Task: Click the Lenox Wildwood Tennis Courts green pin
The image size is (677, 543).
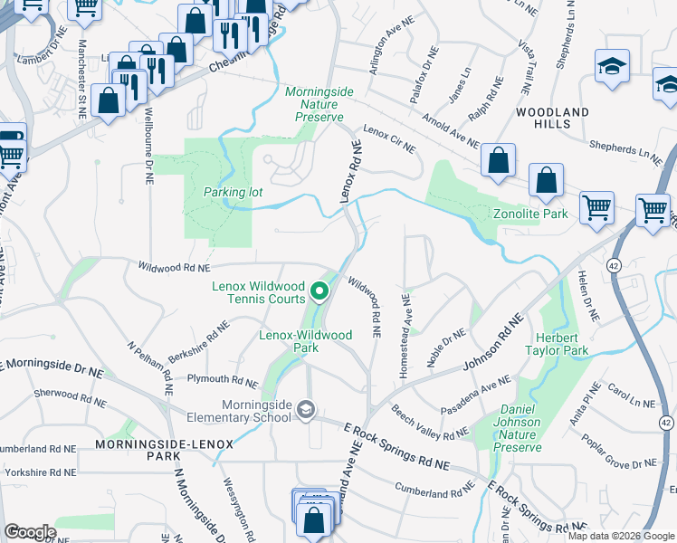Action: tap(319, 291)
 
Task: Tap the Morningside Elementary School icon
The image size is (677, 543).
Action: tap(306, 410)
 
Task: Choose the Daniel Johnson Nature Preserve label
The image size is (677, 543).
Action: tap(518, 429)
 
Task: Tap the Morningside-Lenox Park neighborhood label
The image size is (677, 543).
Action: tap(165, 450)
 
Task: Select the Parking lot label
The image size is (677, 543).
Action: tap(233, 192)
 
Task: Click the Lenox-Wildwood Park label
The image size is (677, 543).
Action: tap(305, 341)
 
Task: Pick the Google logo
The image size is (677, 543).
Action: tap(30, 532)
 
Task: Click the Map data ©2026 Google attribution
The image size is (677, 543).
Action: tap(622, 536)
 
